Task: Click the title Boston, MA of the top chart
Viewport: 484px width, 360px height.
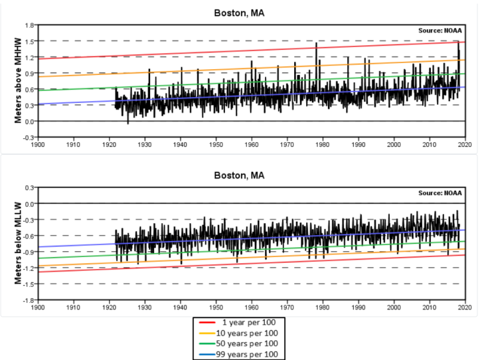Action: pos(239,13)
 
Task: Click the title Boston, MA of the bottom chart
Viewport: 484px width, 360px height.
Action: pos(239,175)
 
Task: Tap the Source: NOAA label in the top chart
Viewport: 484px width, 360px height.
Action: pos(440,31)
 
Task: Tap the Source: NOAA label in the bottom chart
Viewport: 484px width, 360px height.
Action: pos(440,193)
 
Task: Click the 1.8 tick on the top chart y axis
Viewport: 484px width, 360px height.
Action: pos(30,25)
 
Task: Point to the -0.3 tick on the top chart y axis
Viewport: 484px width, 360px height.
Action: pos(29,137)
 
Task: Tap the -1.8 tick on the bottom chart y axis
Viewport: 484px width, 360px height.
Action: pos(29,300)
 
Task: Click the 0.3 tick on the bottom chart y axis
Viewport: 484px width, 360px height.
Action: pos(30,188)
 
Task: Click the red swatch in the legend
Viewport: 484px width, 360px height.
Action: pos(206,321)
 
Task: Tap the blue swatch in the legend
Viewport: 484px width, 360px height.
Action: pos(206,354)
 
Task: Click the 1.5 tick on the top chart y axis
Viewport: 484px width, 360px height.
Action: pos(30,41)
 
